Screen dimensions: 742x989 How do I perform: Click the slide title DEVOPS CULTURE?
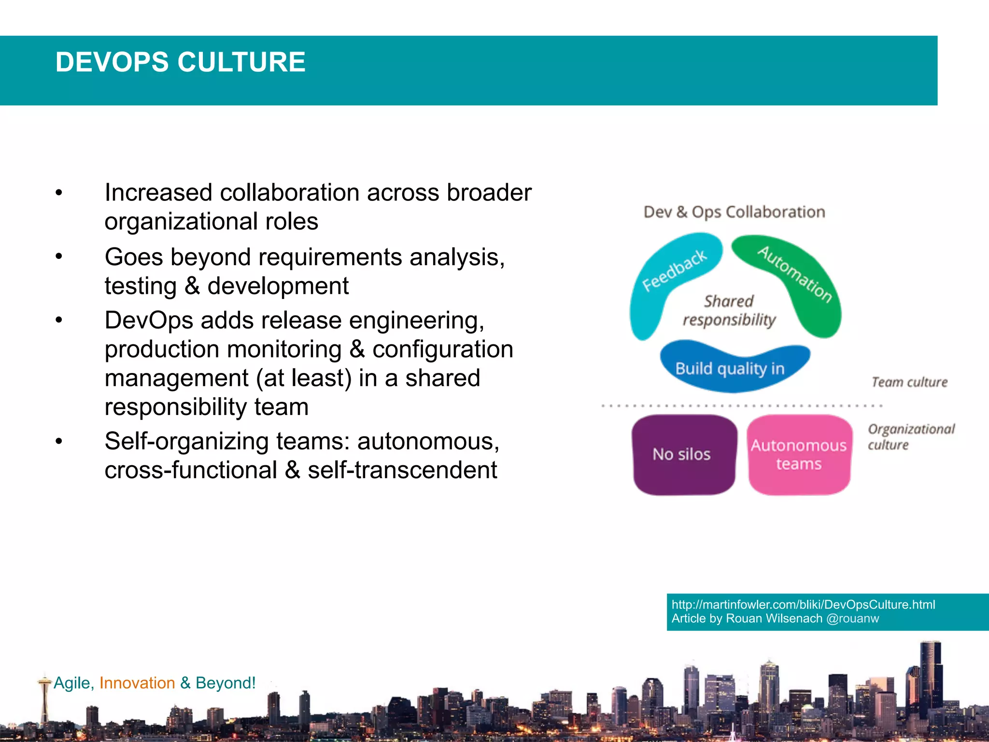pos(180,62)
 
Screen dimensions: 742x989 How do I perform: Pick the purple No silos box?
pos(682,454)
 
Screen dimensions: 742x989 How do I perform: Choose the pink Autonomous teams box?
pos(799,454)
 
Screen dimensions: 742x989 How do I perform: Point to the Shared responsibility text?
pos(729,310)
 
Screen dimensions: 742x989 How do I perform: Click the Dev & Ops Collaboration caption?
pos(734,212)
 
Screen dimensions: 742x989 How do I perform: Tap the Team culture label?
pos(909,382)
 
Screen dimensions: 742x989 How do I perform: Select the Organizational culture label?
pos(911,437)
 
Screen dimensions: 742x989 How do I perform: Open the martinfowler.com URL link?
pos(803,604)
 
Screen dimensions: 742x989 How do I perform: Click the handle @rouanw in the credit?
pos(852,619)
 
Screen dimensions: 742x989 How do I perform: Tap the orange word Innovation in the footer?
pos(137,683)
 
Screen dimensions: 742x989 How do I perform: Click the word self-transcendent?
pos(402,470)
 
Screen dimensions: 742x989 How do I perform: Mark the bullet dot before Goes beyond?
pos(59,257)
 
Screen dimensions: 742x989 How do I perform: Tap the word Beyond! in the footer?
pos(226,683)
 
